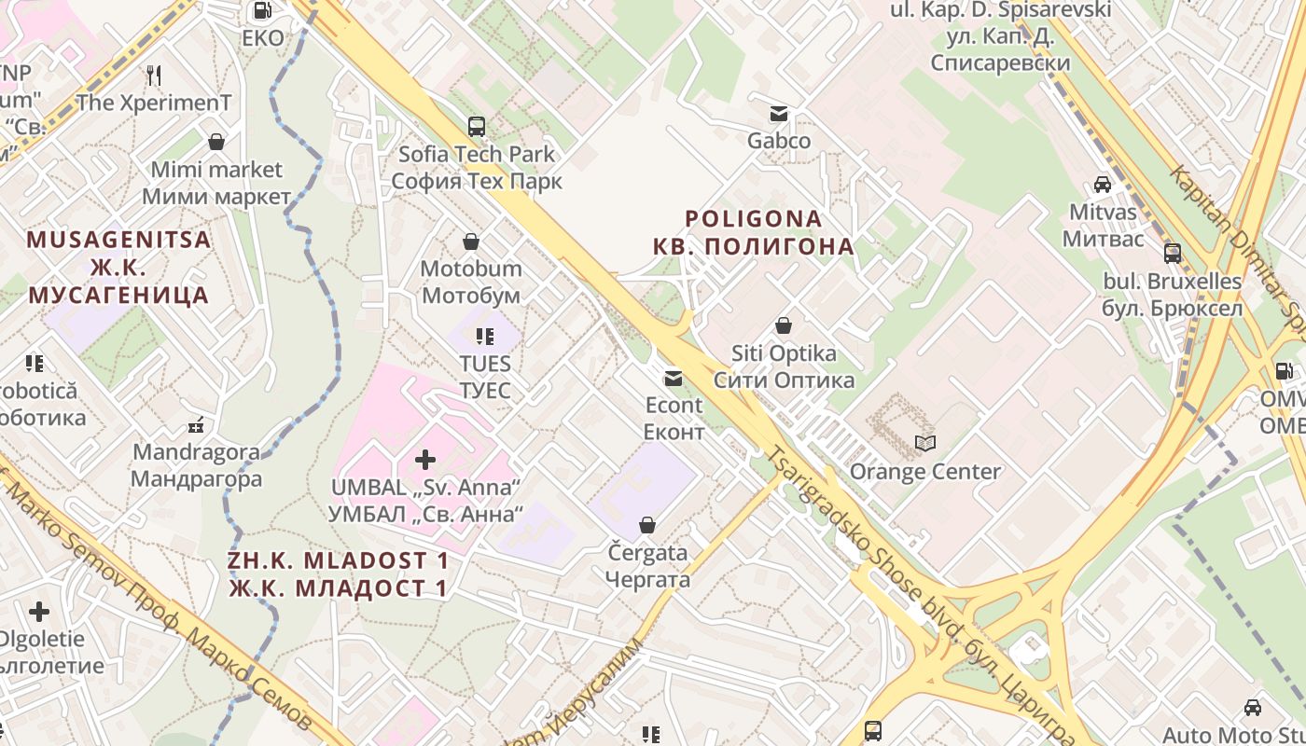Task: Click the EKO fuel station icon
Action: click(x=262, y=11)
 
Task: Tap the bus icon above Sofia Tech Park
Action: click(x=476, y=126)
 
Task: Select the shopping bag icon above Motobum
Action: click(x=471, y=242)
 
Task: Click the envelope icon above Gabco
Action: click(x=778, y=114)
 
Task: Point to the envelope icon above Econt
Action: click(x=673, y=379)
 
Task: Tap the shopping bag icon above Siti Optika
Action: click(x=784, y=326)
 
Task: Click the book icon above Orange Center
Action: click(x=924, y=443)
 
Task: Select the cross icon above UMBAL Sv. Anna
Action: click(x=425, y=459)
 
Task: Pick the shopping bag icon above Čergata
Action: click(x=647, y=526)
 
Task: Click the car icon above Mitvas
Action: click(x=1103, y=184)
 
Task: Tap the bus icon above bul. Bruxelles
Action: click(x=1173, y=253)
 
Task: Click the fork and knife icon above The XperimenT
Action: click(x=154, y=75)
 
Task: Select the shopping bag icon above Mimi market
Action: click(x=216, y=142)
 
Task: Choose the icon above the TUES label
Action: click(x=484, y=336)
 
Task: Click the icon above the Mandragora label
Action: click(x=196, y=426)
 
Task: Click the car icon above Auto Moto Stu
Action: click(x=1253, y=708)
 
